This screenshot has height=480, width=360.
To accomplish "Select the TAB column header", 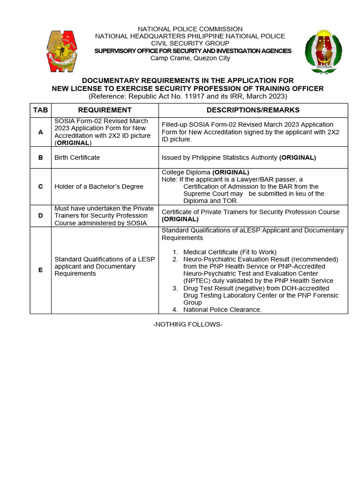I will [40, 110].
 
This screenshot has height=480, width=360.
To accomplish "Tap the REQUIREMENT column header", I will [105, 110].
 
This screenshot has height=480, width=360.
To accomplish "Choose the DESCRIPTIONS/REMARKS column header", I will [253, 110].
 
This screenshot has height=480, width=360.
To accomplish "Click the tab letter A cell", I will [40, 132].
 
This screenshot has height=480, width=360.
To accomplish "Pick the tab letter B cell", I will [40, 157].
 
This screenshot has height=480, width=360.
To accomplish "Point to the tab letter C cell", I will [40, 187].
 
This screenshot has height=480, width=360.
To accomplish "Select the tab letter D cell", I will [40, 216].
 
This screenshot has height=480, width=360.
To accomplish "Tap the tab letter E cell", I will [40, 270].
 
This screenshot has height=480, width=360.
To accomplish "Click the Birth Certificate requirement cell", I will [77, 157].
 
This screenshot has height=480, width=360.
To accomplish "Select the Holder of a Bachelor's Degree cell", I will [99, 187].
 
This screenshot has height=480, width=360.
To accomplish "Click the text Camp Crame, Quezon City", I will [190, 58].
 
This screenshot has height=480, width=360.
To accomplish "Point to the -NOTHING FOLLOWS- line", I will [187, 324].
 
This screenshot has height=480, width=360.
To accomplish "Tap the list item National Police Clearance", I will [222, 310].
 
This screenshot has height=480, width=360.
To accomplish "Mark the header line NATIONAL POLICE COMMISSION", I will [190, 29].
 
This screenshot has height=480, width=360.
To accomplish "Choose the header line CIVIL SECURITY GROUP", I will [190, 44].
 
